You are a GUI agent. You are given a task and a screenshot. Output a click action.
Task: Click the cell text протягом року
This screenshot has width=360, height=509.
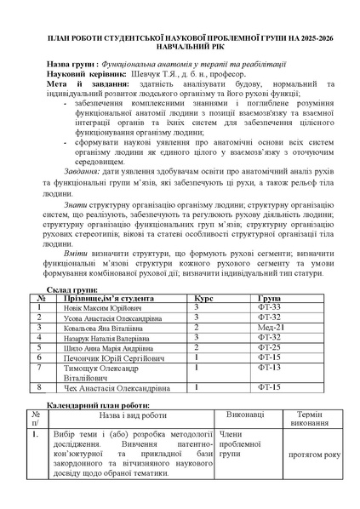tap(314, 455)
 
